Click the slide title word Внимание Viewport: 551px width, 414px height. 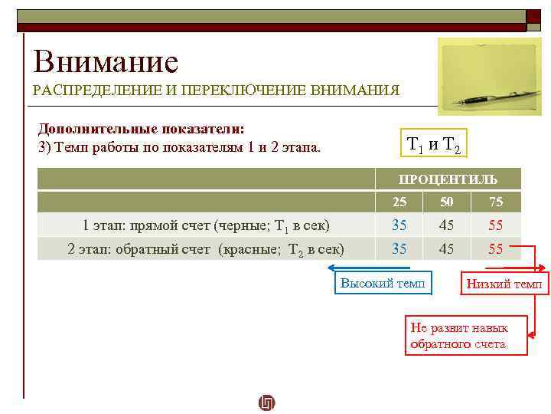[106, 61]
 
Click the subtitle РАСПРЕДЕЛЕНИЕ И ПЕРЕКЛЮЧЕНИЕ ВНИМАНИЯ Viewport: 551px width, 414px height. [216, 90]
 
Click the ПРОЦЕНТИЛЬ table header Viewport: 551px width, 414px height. [448, 179]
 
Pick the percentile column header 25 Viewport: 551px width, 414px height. [399, 202]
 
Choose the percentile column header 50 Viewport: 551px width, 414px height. [447, 202]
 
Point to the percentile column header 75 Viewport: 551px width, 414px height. [496, 202]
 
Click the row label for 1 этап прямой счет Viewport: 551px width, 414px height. [207, 225]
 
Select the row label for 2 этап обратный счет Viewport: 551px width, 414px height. [206, 248]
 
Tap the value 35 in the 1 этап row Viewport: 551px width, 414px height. [399, 225]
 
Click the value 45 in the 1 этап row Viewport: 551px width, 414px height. [447, 225]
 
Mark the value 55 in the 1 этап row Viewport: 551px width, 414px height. [496, 225]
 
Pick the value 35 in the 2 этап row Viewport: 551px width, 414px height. [399, 248]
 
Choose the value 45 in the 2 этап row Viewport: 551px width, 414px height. [447, 248]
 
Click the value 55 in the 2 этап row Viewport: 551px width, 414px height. [496, 248]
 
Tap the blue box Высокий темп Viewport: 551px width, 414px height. [386, 283]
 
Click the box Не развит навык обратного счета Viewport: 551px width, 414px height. [466, 336]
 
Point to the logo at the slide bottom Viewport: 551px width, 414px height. [267, 402]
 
